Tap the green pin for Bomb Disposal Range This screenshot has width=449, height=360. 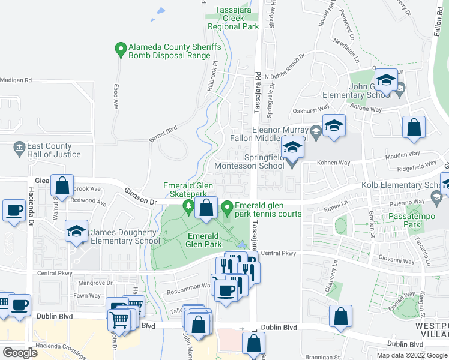point(121,47)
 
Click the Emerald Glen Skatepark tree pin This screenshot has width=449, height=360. point(188,206)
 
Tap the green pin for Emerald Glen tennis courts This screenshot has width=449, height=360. point(227,208)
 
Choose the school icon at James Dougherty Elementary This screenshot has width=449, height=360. point(76,232)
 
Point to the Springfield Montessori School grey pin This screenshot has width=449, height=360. point(292,161)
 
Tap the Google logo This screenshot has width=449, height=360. point(20,353)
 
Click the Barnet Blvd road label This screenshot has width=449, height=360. point(164,128)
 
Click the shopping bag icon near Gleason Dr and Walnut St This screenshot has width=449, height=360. point(62,185)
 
